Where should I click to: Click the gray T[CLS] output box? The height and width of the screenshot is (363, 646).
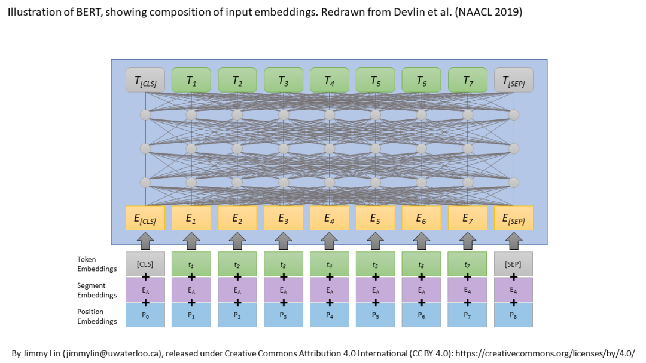pos(145,80)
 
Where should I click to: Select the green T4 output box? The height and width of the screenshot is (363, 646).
pos(329,80)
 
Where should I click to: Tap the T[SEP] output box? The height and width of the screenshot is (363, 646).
pos(513,80)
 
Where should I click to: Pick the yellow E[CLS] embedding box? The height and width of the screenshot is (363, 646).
pos(145,218)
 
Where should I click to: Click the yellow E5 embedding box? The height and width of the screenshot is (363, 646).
pos(375,218)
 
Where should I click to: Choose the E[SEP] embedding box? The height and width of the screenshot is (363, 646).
pos(513,218)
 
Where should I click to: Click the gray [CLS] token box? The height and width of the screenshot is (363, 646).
pos(145,263)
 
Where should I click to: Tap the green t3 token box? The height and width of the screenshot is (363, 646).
pos(283,263)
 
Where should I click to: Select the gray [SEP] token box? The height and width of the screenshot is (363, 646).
pos(513,263)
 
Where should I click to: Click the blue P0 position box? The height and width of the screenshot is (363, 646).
pos(145,315)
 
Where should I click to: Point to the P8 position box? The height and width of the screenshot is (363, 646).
pos(513,315)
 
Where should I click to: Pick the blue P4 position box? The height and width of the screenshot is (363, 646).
pos(329,315)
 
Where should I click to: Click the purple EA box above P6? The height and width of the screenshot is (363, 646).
pos(421,290)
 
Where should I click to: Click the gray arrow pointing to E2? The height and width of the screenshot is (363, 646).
pos(237,241)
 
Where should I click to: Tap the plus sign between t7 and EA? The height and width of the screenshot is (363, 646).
pos(467,276)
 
